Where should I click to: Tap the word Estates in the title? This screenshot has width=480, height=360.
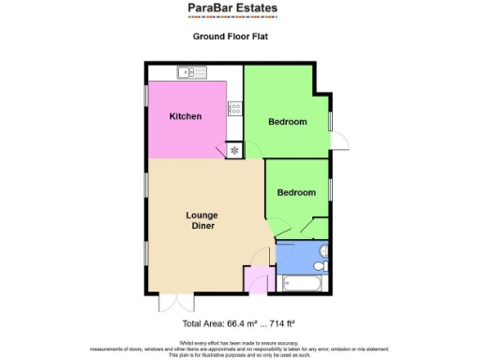click(256, 8)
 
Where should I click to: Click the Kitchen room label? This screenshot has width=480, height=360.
click(186, 117)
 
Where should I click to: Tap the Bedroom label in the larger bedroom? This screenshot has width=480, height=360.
click(287, 122)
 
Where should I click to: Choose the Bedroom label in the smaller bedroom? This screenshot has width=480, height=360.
click(296, 192)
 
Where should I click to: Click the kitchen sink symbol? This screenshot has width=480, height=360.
click(193, 71)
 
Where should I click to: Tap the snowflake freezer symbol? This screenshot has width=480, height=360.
click(233, 148)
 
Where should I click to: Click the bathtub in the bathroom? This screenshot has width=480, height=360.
click(303, 282)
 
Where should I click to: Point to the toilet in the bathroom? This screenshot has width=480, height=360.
click(322, 250)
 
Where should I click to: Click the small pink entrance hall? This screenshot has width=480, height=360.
click(255, 279)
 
